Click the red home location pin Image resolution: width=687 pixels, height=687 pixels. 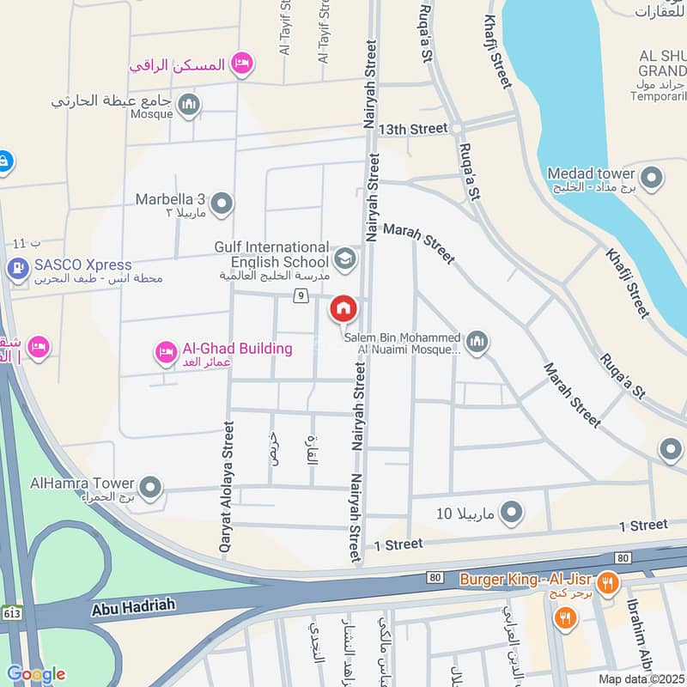pos(343,308)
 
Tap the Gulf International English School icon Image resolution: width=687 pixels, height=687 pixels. pos(344,259)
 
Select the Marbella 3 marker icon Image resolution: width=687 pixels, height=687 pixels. pos(222,204)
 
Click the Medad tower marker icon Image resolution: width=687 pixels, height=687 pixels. pos(652,179)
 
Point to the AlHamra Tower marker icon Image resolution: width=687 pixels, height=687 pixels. pos(151,489)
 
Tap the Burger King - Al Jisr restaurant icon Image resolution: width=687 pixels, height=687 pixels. pos(608,581)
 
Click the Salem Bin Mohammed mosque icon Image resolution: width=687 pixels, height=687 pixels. pos(477,343)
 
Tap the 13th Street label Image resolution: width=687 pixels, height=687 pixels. pos(416,129)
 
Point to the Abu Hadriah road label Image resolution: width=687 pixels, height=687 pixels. pos(132,606)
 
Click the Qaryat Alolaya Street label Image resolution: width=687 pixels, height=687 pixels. pos(226,485)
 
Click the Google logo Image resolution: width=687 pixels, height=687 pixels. pos(35,674)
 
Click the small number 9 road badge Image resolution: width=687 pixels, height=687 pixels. pos(300,296)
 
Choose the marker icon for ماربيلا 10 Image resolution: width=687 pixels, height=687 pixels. pos(512,514)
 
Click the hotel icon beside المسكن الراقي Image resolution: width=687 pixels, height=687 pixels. pos(243,63)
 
